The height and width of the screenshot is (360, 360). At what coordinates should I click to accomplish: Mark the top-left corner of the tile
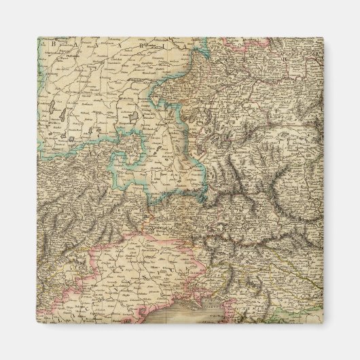[x=37, y=37]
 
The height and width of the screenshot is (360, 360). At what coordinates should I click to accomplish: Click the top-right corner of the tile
[x=323, y=37]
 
